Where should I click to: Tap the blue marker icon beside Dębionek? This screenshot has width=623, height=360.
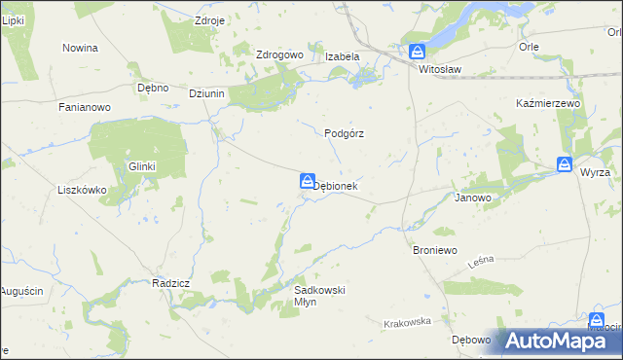click(307, 180)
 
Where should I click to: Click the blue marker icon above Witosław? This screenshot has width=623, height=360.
click(417, 52)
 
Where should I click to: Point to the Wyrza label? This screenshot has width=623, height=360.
click(594, 172)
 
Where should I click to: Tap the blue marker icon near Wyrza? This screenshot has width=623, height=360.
click(565, 164)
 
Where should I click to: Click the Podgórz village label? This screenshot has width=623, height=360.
click(344, 134)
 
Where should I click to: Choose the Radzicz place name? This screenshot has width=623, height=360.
click(170, 283)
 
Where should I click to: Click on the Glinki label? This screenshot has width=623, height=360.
click(142, 166)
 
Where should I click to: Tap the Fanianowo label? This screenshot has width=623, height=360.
click(82, 107)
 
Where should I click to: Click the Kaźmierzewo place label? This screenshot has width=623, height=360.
click(548, 103)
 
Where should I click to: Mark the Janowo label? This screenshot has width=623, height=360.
click(473, 197)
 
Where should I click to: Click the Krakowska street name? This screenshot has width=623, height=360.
click(407, 323)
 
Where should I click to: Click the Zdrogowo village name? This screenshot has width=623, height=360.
click(279, 55)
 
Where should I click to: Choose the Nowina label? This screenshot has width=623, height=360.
click(80, 48)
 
